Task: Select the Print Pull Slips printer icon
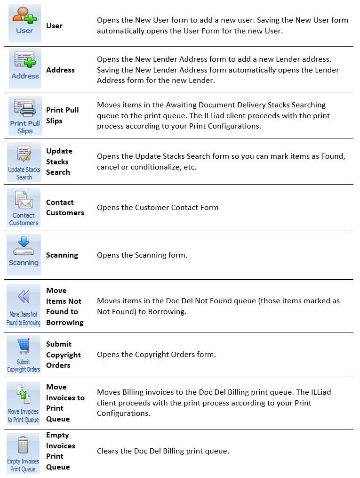coord(24,109)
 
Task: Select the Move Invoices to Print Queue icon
coord(23,396)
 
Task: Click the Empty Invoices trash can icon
coord(23,445)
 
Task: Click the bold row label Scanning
coord(62,255)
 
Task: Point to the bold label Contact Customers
coord(65,208)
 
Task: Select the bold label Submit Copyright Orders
coord(64,355)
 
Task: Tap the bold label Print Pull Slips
coord(63,115)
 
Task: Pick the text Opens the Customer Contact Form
coord(158,208)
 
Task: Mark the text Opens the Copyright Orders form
coord(156,355)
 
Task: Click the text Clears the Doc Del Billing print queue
coord(163,451)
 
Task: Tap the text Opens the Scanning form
coord(142,255)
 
